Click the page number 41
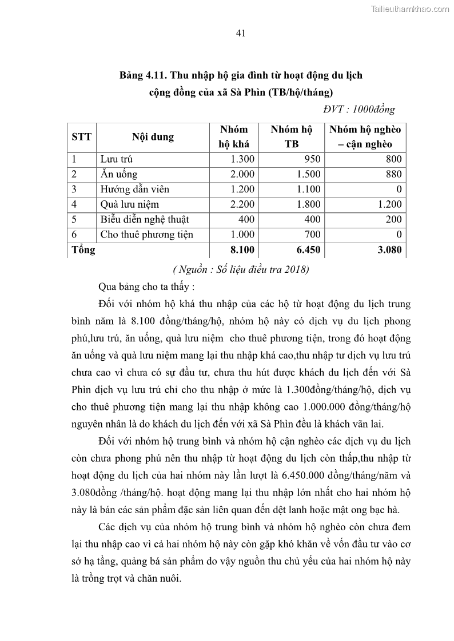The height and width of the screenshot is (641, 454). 241,33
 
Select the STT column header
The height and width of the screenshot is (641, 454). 82,137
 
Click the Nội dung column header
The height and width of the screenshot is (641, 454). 153,137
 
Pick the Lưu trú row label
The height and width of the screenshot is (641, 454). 117,160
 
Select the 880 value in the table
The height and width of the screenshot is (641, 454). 393,175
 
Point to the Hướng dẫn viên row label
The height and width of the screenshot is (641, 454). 134,190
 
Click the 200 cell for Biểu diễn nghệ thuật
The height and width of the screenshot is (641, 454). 393,219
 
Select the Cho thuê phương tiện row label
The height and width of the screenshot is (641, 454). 146,234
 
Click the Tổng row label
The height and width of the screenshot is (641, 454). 83,249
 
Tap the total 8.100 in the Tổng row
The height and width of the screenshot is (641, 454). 242,249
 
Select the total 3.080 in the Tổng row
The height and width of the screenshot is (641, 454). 389,249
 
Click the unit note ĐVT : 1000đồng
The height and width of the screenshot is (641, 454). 359,109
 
